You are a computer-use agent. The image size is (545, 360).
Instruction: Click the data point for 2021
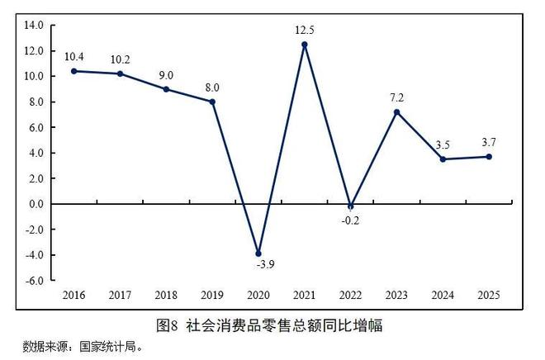(x=305, y=45)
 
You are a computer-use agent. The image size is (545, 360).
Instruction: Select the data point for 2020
(x=258, y=253)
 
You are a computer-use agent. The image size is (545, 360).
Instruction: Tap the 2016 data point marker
(x=74, y=71)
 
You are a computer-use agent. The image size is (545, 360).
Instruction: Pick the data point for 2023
(x=397, y=112)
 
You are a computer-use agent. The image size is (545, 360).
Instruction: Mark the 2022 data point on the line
(x=351, y=206)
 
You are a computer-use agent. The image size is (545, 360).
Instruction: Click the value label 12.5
(x=305, y=31)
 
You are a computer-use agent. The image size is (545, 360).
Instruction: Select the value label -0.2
(x=352, y=220)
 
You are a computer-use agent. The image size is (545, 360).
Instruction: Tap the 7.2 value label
(x=397, y=98)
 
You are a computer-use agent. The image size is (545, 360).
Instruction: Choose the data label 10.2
(x=121, y=59)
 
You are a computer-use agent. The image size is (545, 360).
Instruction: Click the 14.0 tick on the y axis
(x=32, y=26)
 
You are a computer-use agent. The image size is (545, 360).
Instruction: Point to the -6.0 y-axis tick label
(x=32, y=280)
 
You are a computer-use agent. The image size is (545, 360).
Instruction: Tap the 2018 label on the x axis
(x=167, y=294)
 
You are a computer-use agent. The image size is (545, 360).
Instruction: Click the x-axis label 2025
(x=490, y=294)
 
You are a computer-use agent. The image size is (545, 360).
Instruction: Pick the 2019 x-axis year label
(x=212, y=294)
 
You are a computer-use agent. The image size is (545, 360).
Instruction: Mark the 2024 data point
(x=443, y=159)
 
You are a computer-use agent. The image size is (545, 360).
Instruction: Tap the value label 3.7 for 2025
(x=490, y=143)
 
